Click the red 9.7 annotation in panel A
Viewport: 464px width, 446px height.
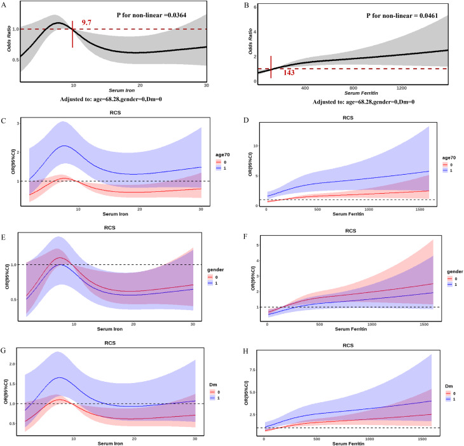[x=86, y=22]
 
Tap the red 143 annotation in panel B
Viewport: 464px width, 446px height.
[x=289, y=72]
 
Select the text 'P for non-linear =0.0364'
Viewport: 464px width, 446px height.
[x=151, y=15]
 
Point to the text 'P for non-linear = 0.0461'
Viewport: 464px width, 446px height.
[x=402, y=16]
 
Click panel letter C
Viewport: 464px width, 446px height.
[x=3, y=121]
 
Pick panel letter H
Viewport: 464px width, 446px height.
[x=245, y=351]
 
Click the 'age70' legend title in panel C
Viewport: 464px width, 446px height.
[x=222, y=154]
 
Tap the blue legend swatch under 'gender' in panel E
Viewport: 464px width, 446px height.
[x=210, y=283]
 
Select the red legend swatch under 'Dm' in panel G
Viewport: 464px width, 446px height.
[x=212, y=392]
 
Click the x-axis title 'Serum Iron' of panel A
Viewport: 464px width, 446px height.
[x=121, y=90]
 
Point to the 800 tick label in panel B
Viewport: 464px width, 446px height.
[x=353, y=88]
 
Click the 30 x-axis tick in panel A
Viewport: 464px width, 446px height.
[x=206, y=85]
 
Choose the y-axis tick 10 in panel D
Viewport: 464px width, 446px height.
[x=256, y=146]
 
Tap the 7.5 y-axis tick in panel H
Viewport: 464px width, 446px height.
[x=252, y=370]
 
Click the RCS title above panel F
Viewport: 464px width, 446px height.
[x=351, y=231]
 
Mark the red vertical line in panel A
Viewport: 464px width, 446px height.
[x=72, y=34]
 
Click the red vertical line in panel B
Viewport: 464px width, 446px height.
[x=271, y=67]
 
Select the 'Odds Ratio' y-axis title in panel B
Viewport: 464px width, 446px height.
[x=250, y=41]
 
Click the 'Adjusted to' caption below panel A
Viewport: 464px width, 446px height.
[x=111, y=99]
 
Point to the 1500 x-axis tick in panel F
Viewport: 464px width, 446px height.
[x=424, y=325]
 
